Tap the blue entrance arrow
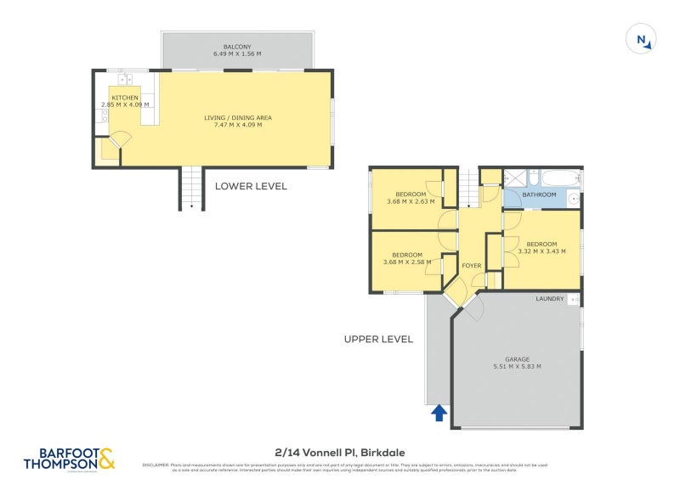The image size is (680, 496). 439,412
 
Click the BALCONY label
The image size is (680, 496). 236,47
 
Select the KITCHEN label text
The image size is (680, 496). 125,98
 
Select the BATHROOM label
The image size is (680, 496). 539,194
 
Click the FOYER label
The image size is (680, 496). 471,266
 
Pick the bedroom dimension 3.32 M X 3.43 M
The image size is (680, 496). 541,251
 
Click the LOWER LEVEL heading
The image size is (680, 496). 251,186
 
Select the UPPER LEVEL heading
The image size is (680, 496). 378,339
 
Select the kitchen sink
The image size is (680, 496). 125,80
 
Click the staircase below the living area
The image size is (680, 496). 191,188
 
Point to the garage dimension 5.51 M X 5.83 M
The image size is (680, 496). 517,366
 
